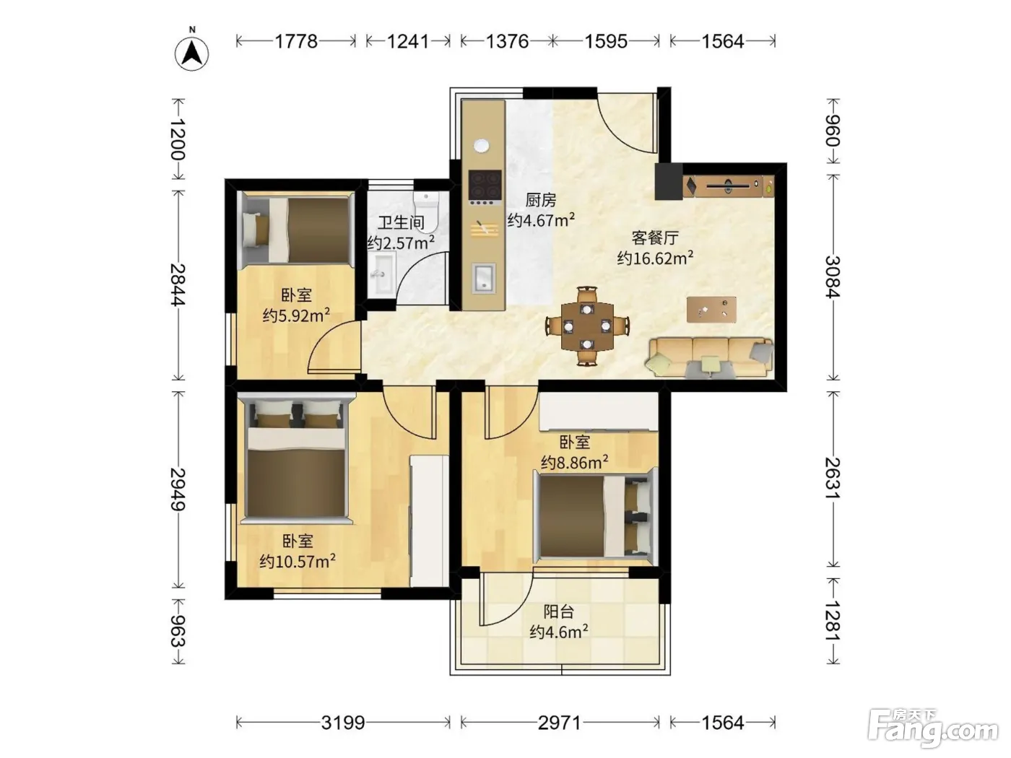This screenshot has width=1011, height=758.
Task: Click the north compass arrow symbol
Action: (191, 53)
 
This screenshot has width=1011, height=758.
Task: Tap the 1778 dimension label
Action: (296, 41)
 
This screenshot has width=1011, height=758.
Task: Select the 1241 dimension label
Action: (408, 41)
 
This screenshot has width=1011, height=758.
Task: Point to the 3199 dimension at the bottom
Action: (343, 723)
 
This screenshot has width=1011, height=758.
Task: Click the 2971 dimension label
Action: (559, 723)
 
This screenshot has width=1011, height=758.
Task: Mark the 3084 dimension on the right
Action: (833, 277)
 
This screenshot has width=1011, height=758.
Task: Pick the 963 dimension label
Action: (178, 631)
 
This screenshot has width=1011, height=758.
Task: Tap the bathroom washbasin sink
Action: (382, 274)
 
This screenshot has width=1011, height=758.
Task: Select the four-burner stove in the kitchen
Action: (485, 187)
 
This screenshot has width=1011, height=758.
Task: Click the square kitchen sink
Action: (484, 278)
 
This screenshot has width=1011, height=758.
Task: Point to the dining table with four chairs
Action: (587, 326)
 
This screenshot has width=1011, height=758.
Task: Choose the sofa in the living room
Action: (710, 358)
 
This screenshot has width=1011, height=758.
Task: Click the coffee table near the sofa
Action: (711, 310)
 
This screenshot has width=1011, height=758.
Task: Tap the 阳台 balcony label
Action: (559, 611)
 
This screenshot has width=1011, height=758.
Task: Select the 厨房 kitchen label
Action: (541, 200)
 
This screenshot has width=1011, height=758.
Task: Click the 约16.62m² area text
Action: (655, 258)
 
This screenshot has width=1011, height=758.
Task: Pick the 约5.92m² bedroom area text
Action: (296, 315)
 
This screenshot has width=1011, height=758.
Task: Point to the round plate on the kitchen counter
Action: (482, 146)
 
